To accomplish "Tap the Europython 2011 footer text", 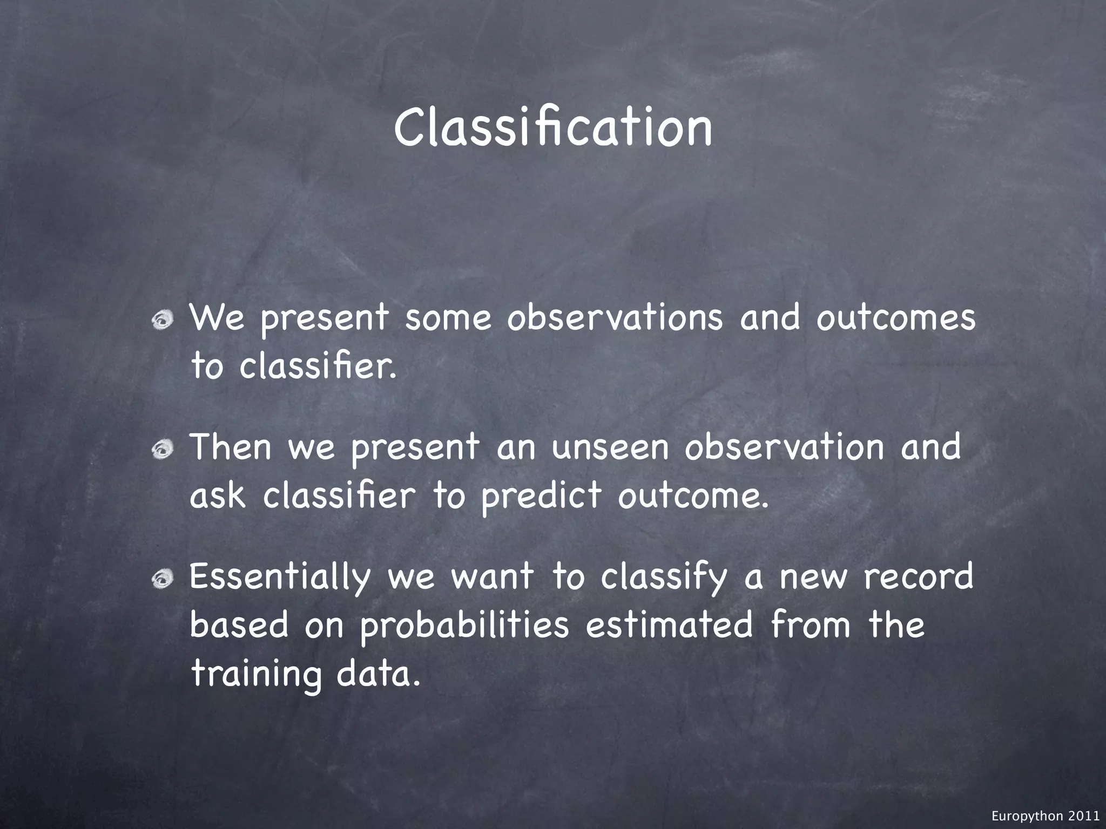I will point(1045,817).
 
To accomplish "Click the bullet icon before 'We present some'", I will point(161,322).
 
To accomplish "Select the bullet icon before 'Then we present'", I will point(161,448).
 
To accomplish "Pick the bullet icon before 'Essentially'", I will point(161,579).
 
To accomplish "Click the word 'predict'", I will point(541,495).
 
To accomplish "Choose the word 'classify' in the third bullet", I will point(664,577).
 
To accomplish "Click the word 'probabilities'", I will point(464,626).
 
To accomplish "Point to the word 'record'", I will point(918,576).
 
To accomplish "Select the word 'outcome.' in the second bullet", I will point(692,495).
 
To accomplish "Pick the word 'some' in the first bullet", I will point(448,318).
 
